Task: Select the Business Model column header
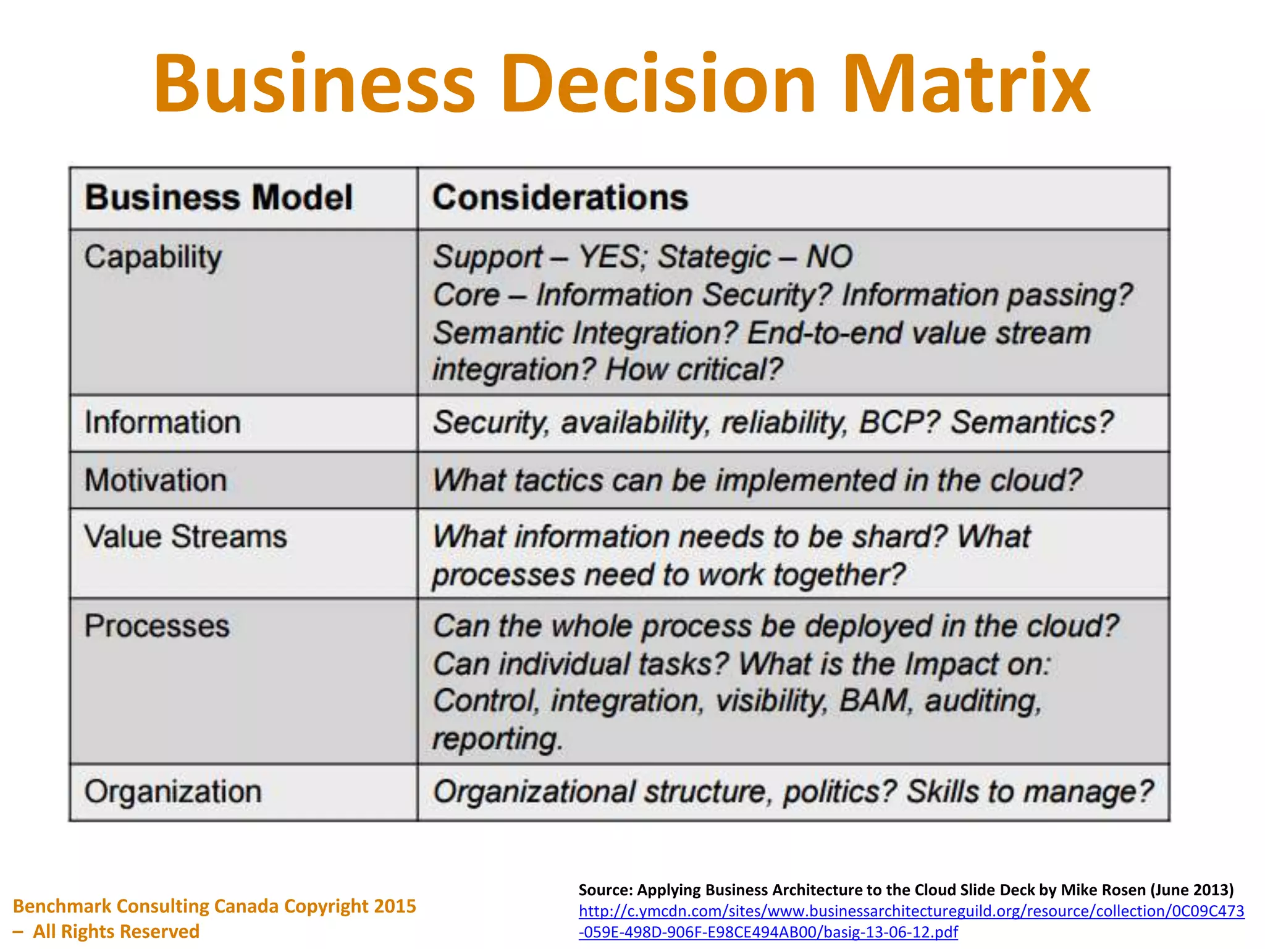219,198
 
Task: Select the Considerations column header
560,198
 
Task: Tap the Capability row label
153,257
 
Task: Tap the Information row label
162,423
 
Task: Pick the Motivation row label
156,480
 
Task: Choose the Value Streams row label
185,536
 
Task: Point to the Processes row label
157,626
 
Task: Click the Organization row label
173,791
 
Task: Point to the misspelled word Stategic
714,256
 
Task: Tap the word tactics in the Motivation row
558,481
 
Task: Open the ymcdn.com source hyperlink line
911,911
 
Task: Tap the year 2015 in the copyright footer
395,906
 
